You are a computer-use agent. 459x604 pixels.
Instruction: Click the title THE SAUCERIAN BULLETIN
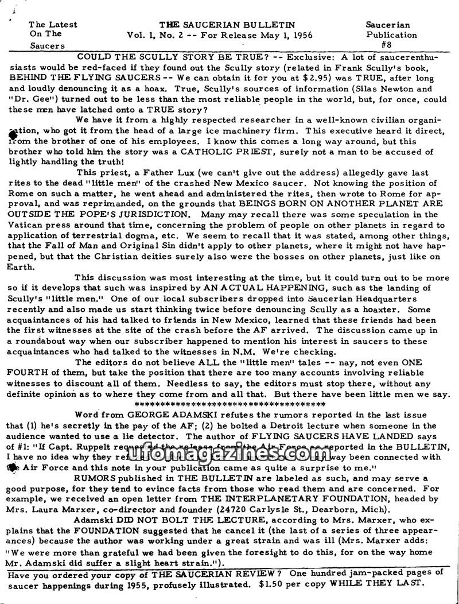click(x=227, y=25)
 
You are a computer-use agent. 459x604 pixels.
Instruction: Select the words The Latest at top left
click(x=53, y=25)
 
